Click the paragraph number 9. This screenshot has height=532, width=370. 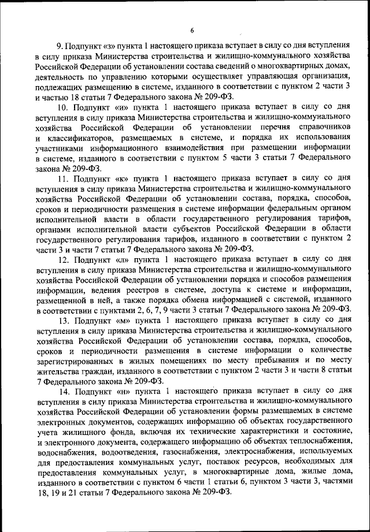click(59, 44)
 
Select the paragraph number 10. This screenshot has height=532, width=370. click(62, 107)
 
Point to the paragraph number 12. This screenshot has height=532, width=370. click(62, 261)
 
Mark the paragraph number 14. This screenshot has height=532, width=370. click(62, 391)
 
